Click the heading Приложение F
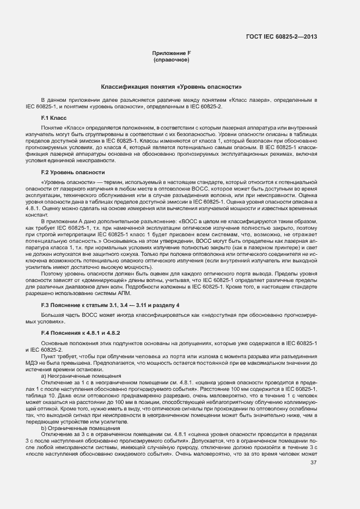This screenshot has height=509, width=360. pyautogui.click(x=172, y=53)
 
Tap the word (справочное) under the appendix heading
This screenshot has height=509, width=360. pyautogui.click(x=172, y=59)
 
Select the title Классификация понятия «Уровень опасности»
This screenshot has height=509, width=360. pyautogui.click(x=172, y=87)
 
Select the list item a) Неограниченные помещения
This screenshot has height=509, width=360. pyautogui.click(x=73, y=376)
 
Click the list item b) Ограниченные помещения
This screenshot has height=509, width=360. pyautogui.click(x=71, y=428)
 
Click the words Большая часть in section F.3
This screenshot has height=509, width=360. pyautogui.click(x=57, y=315)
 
